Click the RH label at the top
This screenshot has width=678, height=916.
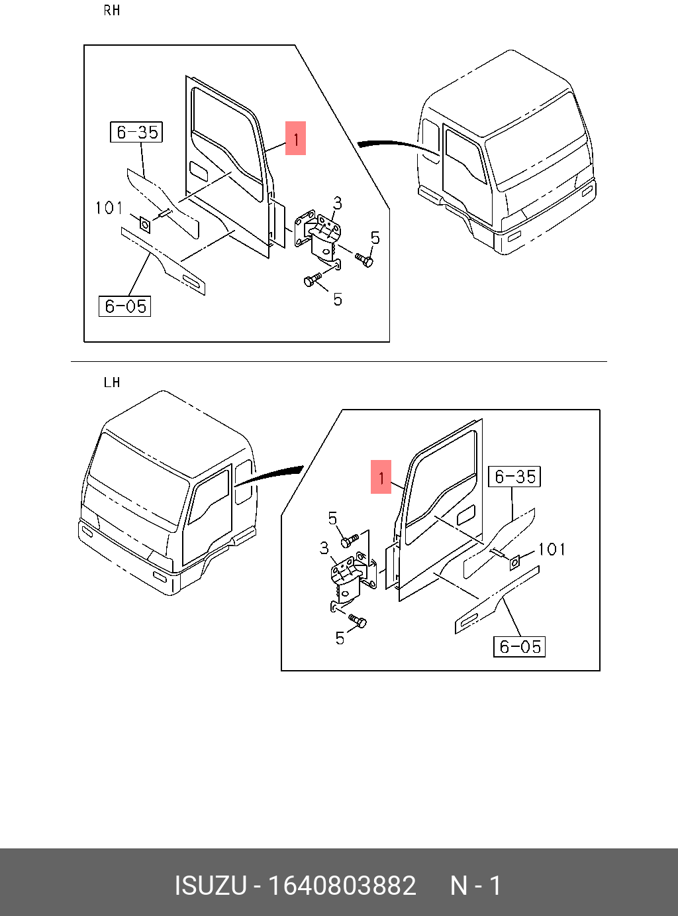point(112,11)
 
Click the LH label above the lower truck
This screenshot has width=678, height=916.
point(112,382)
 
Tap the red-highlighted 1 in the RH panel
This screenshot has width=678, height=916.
point(295,139)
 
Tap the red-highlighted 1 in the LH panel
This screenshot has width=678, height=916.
point(381,477)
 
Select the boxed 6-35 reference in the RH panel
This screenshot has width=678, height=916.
point(136,132)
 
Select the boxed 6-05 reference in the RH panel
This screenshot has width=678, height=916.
point(125,306)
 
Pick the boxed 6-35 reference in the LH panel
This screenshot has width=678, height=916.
point(514,477)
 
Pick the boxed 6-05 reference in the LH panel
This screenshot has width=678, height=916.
point(520,646)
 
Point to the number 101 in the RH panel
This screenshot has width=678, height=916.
point(109,208)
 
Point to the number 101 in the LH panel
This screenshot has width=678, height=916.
point(552,549)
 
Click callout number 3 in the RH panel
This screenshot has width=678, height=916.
point(338,203)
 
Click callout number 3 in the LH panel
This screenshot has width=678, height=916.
point(324,548)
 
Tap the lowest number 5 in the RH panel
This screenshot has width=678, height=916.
point(338,300)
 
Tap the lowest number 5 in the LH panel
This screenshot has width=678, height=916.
point(340,638)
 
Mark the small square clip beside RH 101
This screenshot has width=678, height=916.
point(144,223)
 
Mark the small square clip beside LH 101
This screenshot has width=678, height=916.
point(515,562)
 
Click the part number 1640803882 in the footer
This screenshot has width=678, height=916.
point(342,886)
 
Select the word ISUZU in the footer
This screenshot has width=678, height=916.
point(211,886)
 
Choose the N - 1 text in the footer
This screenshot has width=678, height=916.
point(475,886)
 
